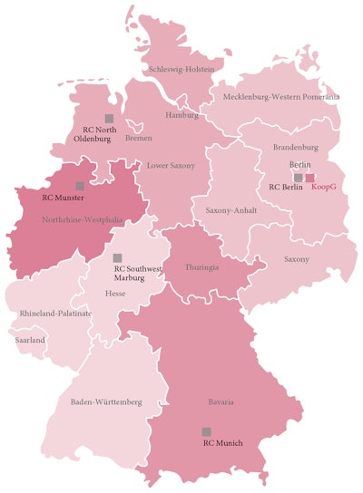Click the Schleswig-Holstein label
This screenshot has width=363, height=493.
pyautogui.click(x=181, y=69)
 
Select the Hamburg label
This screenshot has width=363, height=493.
pyautogui.click(x=181, y=115)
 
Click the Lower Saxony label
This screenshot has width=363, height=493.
pyautogui.click(x=171, y=167)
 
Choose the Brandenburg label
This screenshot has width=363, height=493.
pyautogui.click(x=295, y=147)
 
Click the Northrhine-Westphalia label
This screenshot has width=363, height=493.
pyautogui.click(x=82, y=219)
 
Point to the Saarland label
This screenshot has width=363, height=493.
pyautogui.click(x=33, y=340)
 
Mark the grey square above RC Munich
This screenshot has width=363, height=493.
pyautogui.click(x=207, y=431)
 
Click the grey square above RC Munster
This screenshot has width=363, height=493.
pyautogui.click(x=80, y=185)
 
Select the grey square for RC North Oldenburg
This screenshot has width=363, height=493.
pyautogui.click(x=109, y=118)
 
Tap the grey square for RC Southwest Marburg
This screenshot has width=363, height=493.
pyautogui.click(x=117, y=258)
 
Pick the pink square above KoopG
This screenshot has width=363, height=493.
pyautogui.click(x=309, y=178)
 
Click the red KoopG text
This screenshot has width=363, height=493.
pyautogui.click(x=324, y=188)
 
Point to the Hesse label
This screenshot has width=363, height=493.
pyautogui.click(x=116, y=295)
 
